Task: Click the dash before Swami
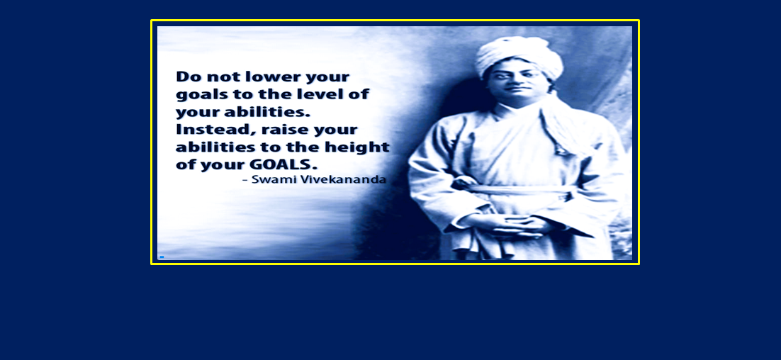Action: (x=245, y=180)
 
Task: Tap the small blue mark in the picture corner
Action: (x=162, y=257)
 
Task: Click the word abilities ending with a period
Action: (x=272, y=112)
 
